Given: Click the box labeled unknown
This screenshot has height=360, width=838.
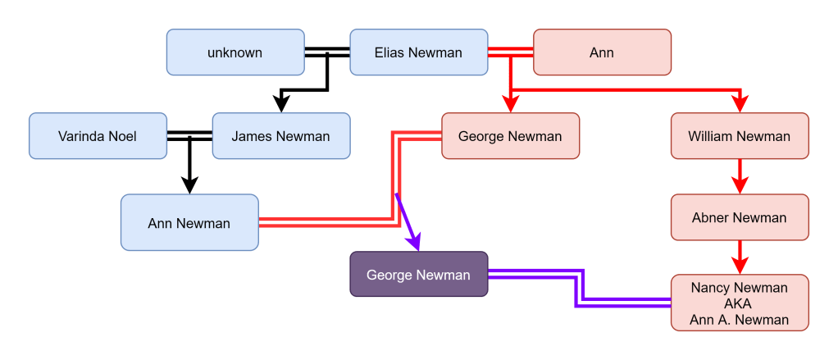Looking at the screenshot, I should tap(235, 52).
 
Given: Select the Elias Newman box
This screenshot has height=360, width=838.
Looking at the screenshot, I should tap(418, 52).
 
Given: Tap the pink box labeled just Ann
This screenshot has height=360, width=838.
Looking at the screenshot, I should tap(602, 52).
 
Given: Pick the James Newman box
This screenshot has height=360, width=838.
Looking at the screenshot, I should tap(280, 136).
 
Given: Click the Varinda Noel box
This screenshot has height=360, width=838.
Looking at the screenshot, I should tap(97, 136).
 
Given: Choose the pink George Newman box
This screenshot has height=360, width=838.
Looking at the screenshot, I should tap(510, 136).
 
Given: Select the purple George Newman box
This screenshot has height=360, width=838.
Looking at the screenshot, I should tap(418, 275).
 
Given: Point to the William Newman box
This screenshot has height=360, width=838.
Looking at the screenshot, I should tap(740, 136).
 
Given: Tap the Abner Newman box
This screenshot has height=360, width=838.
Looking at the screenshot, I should tap(740, 217).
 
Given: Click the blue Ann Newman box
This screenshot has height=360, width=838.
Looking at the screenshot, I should tap(189, 222).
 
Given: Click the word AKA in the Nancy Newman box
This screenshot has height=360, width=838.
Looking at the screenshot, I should tap(739, 303).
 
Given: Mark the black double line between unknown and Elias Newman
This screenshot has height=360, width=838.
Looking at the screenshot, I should tap(326, 52).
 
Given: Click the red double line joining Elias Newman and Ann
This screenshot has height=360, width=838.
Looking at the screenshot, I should tap(510, 52).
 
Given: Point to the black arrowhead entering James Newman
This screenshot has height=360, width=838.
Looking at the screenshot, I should tap(281, 103).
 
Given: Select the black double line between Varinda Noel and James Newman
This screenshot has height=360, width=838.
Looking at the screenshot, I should tap(189, 136).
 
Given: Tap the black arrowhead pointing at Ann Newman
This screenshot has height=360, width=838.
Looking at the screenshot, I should tap(189, 185).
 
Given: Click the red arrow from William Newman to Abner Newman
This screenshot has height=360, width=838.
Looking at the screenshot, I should tap(740, 176).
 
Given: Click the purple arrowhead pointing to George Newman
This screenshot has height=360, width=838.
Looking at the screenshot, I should tap(415, 242).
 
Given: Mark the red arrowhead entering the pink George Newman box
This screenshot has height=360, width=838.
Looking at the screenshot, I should tap(510, 104).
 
